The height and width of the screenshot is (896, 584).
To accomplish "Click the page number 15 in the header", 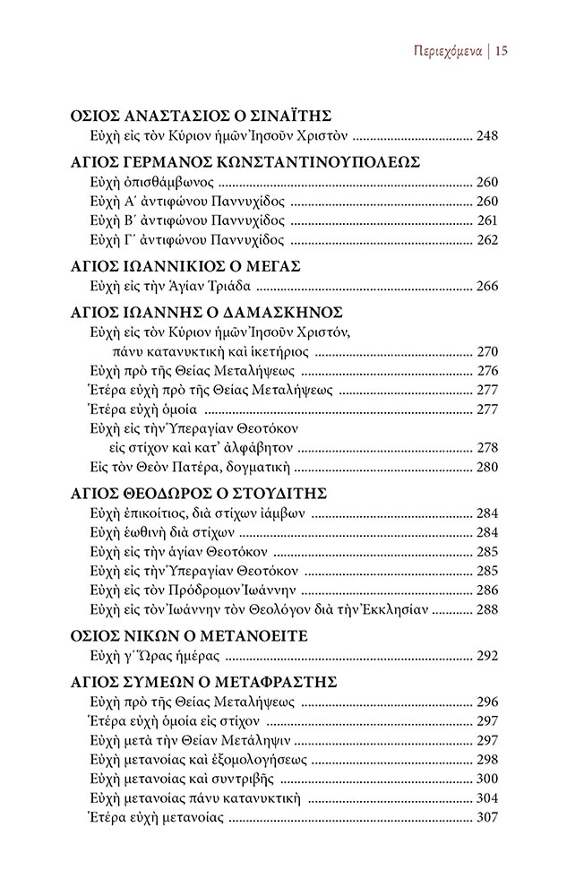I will tap(501, 51).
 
